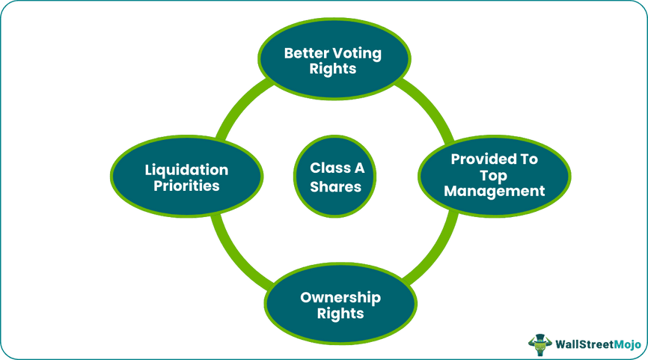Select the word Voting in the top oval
click(x=358, y=54)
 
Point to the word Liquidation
click(x=186, y=169)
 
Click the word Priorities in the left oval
click(x=186, y=186)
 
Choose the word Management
click(x=494, y=191)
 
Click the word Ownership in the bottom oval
click(x=340, y=298)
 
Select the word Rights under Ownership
click(x=340, y=314)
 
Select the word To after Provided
click(x=529, y=159)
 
